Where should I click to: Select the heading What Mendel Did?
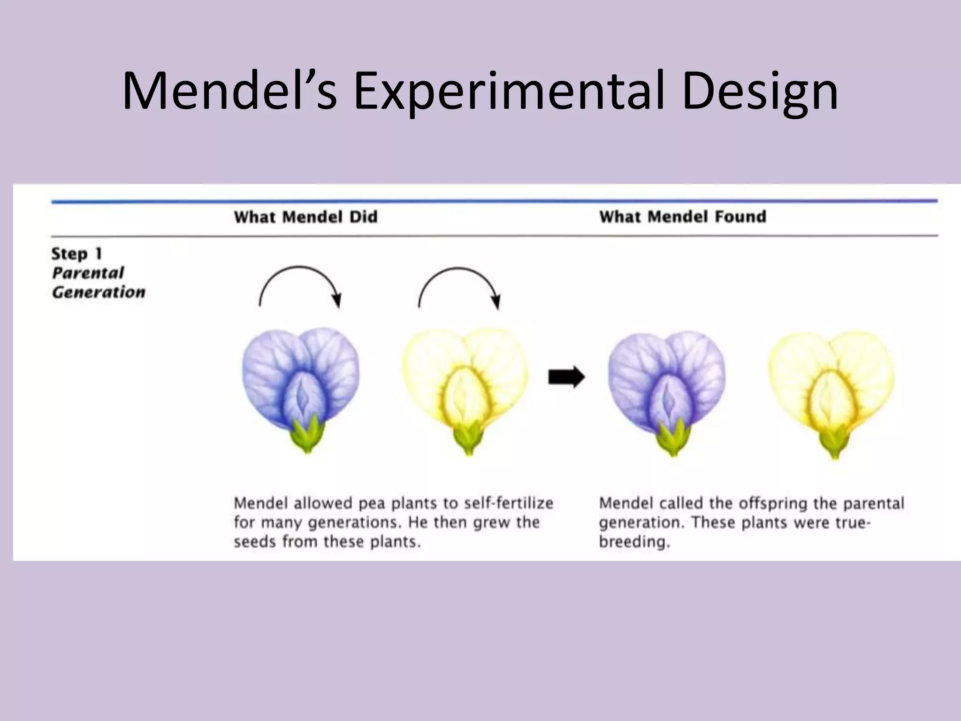(305, 217)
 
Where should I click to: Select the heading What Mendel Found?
(682, 216)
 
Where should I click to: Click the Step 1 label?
(76, 253)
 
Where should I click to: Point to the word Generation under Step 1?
(99, 292)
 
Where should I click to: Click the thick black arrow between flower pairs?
(566, 377)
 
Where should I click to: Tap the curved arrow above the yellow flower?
(459, 282)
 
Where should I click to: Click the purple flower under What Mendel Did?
(301, 376)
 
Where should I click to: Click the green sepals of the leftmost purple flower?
(307, 436)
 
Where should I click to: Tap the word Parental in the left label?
(88, 273)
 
